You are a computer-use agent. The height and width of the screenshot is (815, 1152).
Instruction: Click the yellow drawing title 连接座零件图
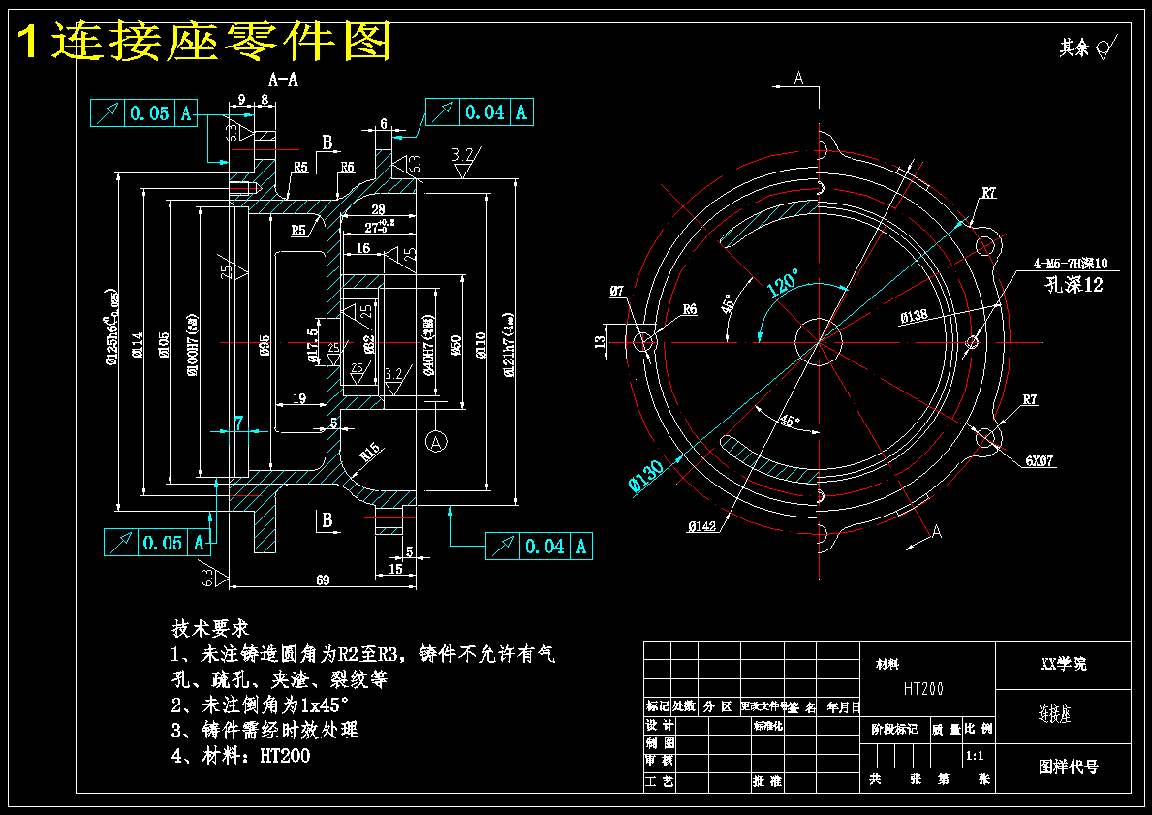(204, 42)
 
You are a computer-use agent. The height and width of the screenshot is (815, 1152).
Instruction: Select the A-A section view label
(283, 80)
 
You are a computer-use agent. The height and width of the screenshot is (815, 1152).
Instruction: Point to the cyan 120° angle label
(783, 283)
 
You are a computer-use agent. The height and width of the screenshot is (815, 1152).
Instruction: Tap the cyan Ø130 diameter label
(646, 476)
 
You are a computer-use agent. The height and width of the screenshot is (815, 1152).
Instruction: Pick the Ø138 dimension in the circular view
(914, 316)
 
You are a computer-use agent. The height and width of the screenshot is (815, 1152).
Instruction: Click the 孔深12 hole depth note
(1074, 285)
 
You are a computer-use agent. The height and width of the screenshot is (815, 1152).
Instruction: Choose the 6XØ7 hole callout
(1040, 461)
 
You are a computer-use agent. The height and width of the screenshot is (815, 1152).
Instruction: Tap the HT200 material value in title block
(923, 689)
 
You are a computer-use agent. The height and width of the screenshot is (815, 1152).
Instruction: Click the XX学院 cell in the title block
(1063, 664)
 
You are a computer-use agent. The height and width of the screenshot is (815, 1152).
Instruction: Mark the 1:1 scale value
(976, 754)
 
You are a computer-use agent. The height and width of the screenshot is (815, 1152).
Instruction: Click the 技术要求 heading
(210, 627)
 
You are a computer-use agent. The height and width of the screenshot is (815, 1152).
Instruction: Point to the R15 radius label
(368, 452)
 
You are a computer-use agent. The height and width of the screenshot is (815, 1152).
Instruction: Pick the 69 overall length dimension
(323, 580)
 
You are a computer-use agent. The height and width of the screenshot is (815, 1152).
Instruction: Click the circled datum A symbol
(436, 442)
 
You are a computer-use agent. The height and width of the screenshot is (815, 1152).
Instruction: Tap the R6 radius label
(689, 309)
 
